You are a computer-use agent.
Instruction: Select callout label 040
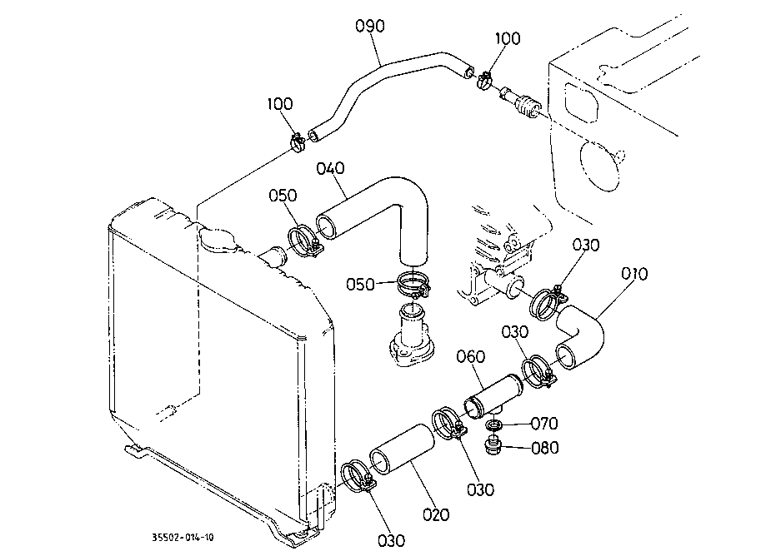[x=330, y=168]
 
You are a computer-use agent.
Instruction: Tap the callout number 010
[x=634, y=274]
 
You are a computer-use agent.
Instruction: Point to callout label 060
[x=471, y=356]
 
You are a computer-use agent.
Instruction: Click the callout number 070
[x=544, y=424]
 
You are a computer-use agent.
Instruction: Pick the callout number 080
[x=544, y=447]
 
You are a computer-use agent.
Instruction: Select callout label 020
[x=436, y=514]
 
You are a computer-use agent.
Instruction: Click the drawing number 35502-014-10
[x=183, y=538]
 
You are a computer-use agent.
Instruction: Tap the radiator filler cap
[x=218, y=240]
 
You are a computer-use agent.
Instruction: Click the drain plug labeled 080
[x=494, y=446]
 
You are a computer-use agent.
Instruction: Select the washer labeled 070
[x=493, y=424]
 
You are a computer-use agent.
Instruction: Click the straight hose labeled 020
[x=402, y=449]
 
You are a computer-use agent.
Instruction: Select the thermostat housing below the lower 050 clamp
[x=413, y=337]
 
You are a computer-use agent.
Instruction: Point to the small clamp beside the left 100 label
[x=297, y=142]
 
